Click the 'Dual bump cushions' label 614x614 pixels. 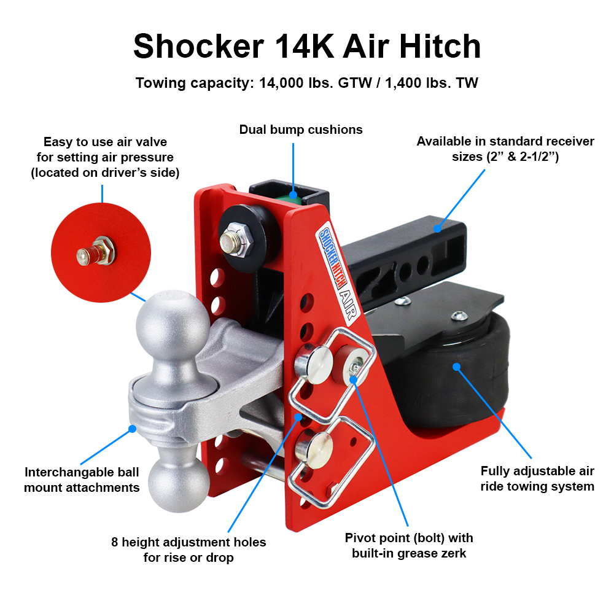(x=301, y=130)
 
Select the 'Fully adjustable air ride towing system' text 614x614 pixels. (x=537, y=479)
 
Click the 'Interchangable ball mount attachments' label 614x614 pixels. (x=82, y=480)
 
